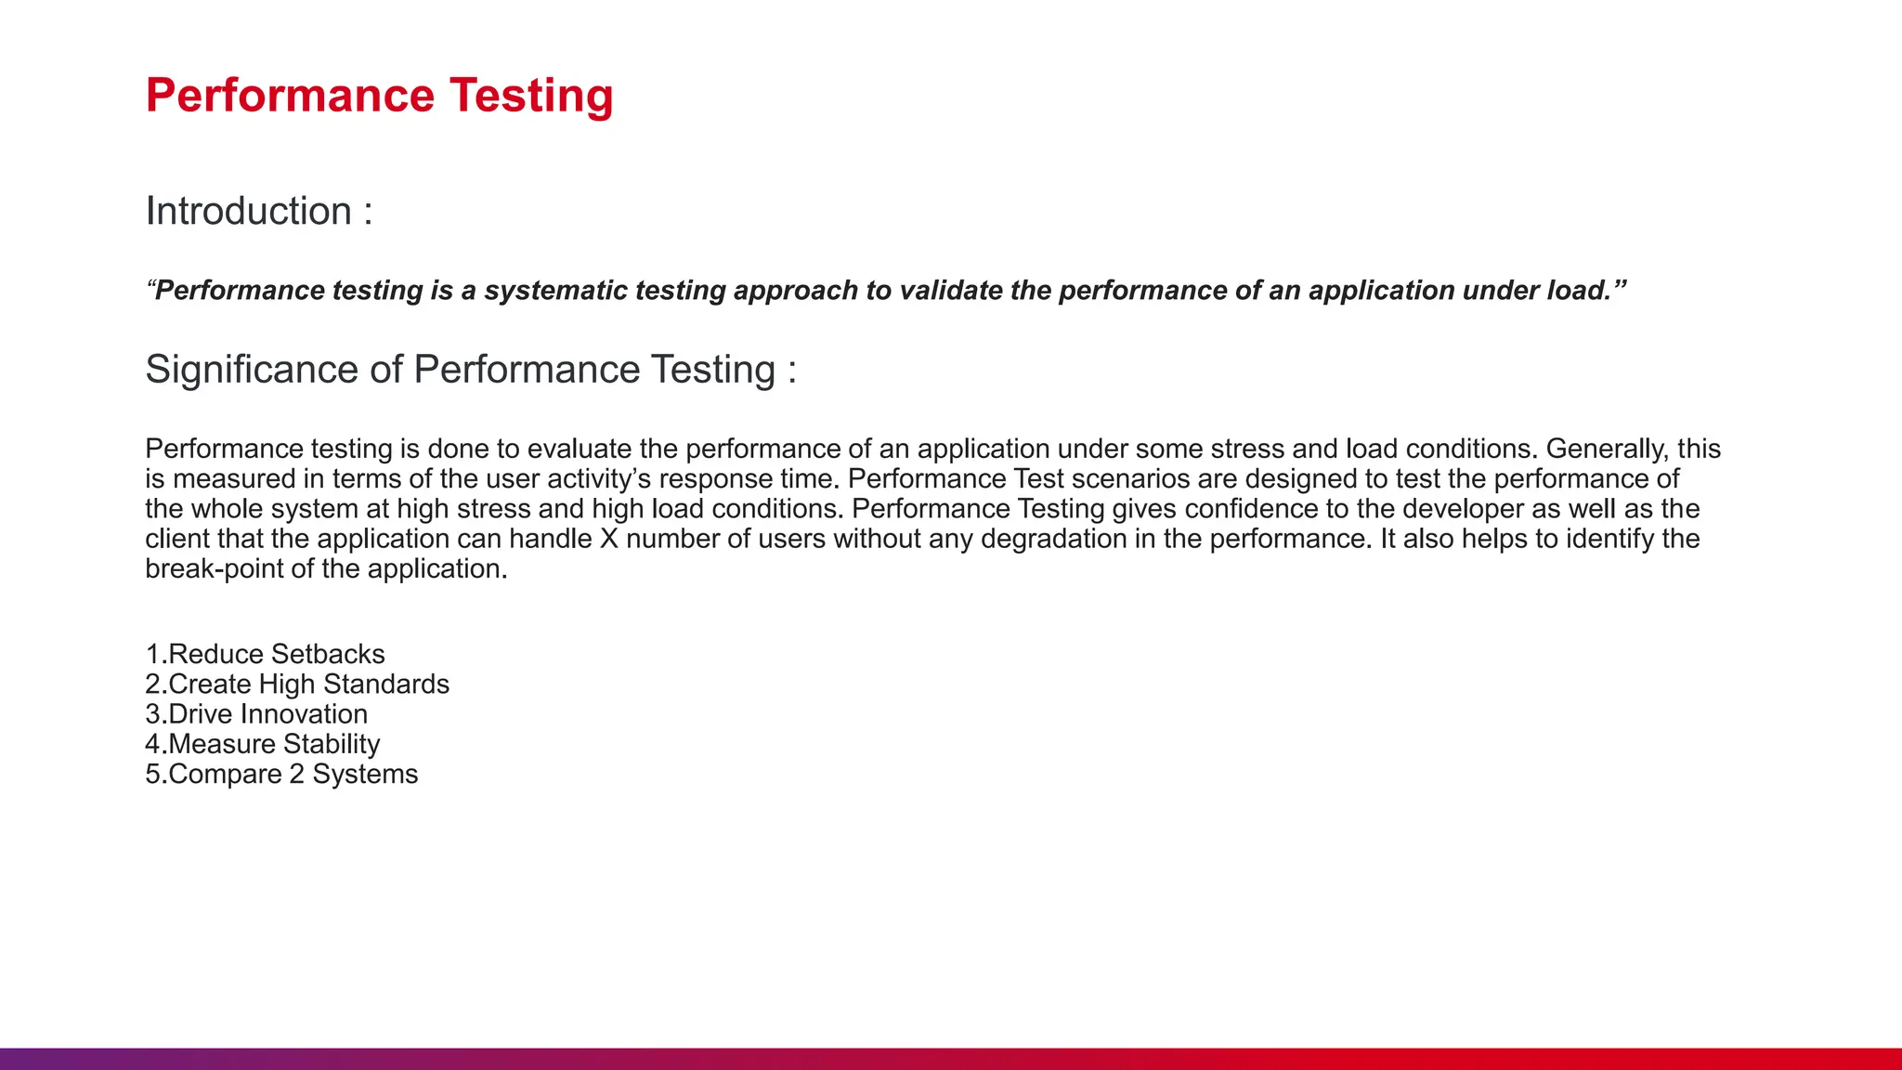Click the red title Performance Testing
(x=379, y=96)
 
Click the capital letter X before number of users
(x=608, y=539)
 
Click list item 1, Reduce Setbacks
(x=266, y=655)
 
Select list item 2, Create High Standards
(x=297, y=685)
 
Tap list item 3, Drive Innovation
(x=256, y=714)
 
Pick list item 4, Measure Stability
(x=263, y=744)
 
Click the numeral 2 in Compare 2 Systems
(x=296, y=774)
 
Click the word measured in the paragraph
(x=234, y=479)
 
